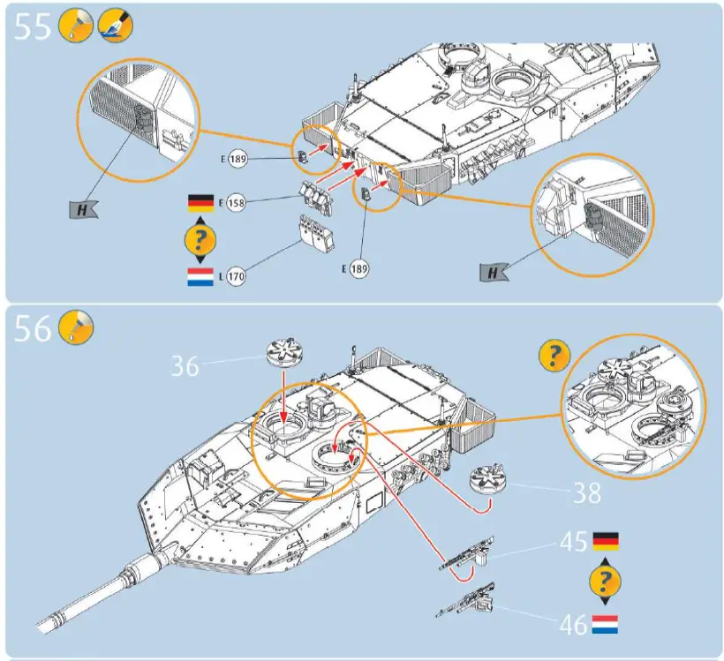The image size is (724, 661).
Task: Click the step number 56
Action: click(34, 329)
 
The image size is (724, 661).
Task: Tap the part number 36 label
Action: click(185, 364)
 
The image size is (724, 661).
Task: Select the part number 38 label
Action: click(587, 492)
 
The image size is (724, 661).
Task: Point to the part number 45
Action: click(574, 541)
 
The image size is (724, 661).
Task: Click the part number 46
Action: click(574, 625)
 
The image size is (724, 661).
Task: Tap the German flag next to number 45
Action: click(606, 541)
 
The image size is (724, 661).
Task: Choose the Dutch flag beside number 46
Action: click(605, 625)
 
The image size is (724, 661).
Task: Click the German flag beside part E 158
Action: click(200, 203)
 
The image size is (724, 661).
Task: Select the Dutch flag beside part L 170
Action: click(200, 277)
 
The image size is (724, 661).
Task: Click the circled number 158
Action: click(236, 203)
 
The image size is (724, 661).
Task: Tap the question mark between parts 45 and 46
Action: click(605, 582)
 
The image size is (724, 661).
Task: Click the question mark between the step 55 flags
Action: click(200, 240)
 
